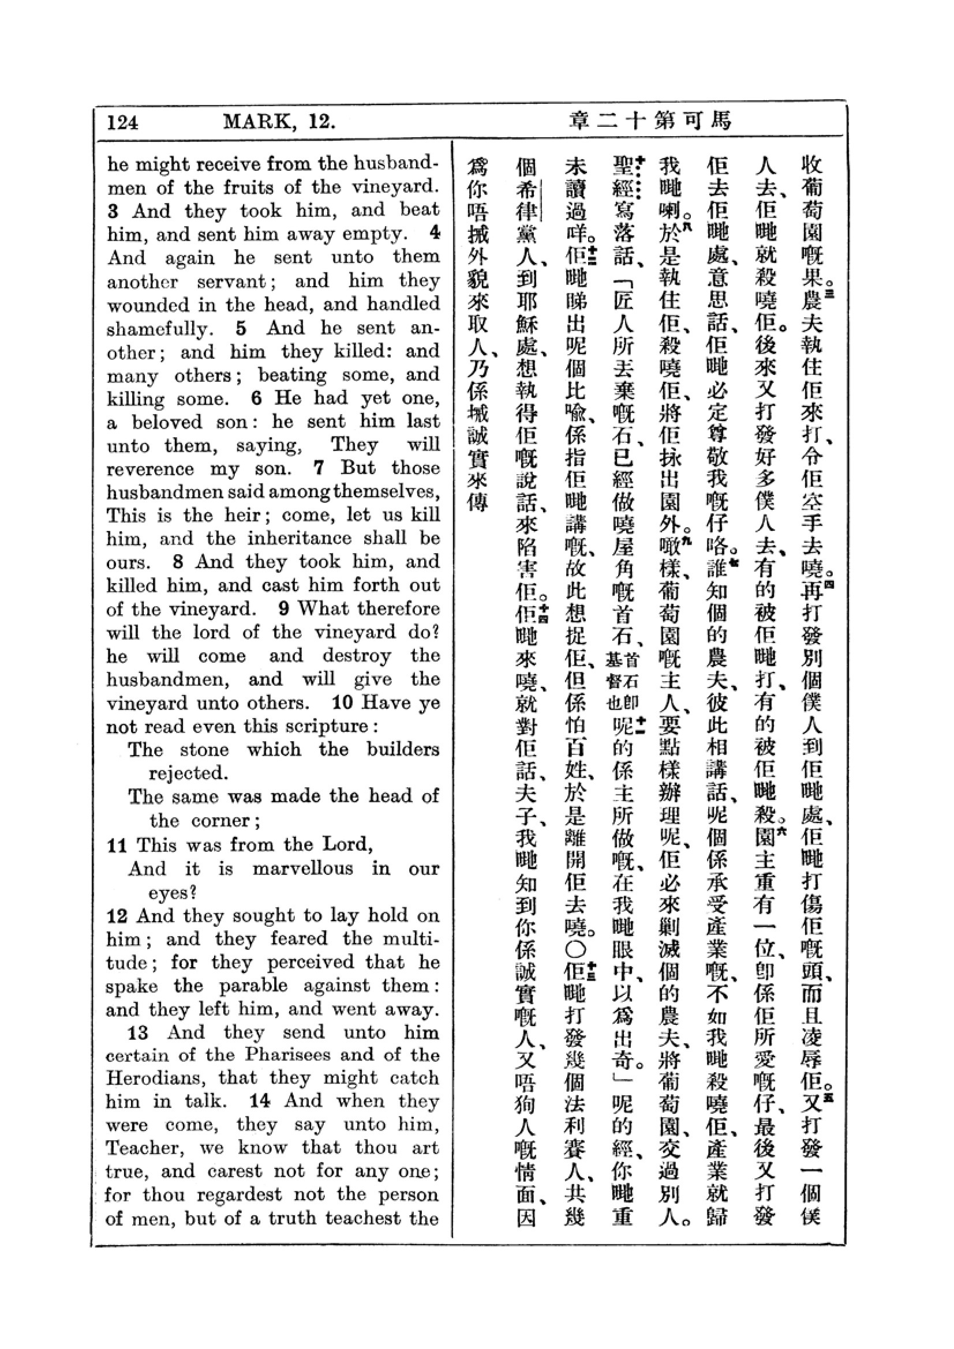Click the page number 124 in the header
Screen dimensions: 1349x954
pos(122,122)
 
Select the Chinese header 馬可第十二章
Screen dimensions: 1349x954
pos(650,121)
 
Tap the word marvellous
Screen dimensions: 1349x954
pos(303,869)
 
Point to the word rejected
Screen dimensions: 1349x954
pos(188,773)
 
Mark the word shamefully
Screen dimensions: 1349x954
pos(158,328)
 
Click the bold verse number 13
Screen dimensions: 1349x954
pos(137,1032)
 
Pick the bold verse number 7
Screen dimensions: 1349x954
pos(319,468)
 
